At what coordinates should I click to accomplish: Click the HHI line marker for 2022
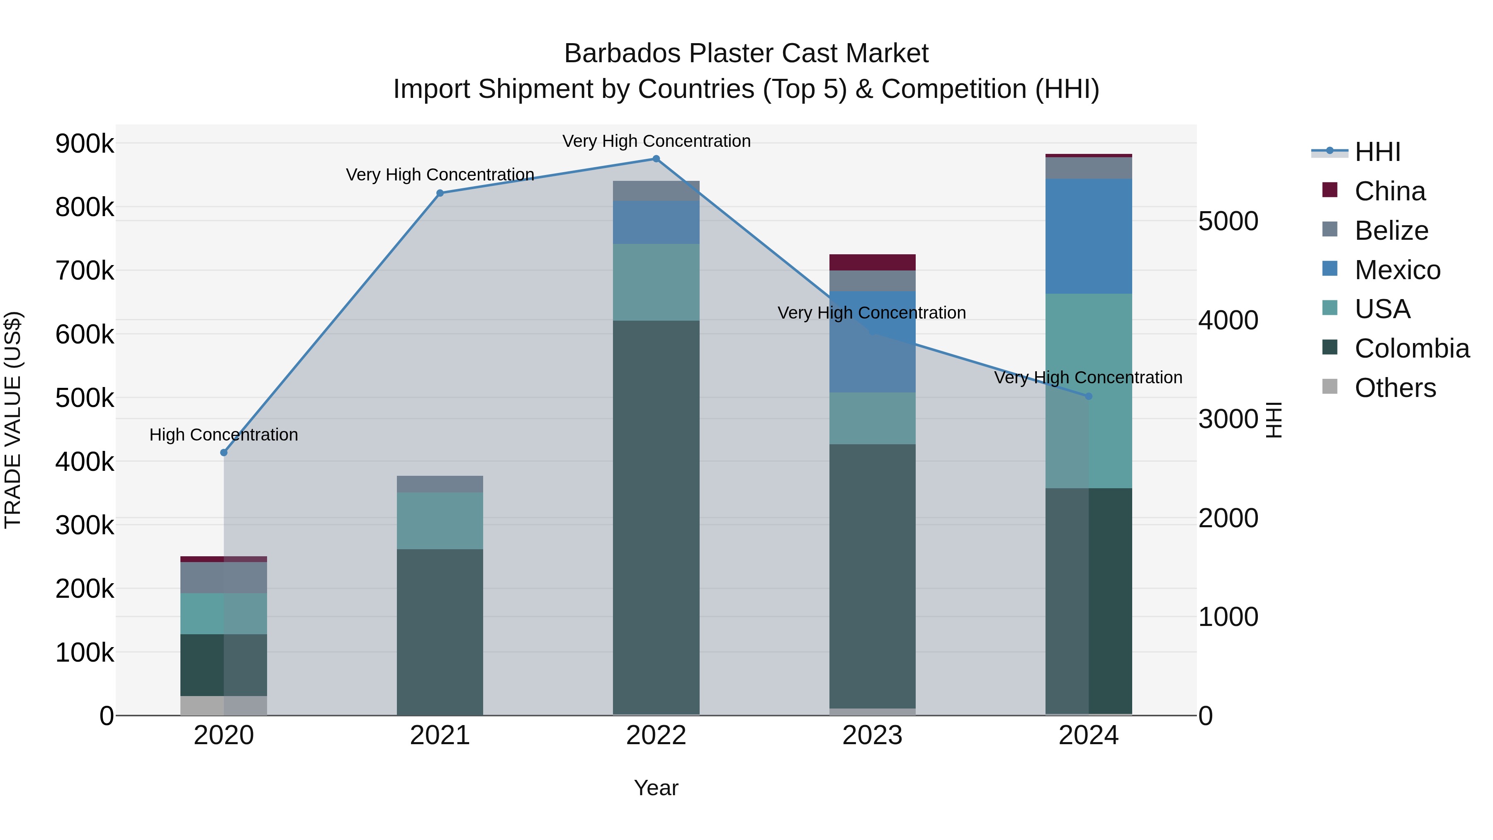click(x=656, y=159)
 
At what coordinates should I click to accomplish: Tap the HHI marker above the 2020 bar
click(x=224, y=453)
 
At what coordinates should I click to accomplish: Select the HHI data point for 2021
click(x=440, y=193)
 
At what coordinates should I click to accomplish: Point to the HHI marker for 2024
click(x=1089, y=397)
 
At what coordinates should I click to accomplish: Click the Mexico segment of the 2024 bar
click(x=1089, y=236)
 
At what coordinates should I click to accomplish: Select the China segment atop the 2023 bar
click(x=872, y=262)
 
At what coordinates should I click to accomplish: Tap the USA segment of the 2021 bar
click(x=440, y=521)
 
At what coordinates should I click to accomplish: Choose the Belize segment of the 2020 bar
click(x=224, y=577)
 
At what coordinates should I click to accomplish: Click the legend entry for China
click(x=1389, y=191)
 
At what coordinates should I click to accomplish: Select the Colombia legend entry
click(x=1411, y=348)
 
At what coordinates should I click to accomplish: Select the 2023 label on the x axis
click(x=872, y=735)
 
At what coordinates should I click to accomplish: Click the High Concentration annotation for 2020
click(x=224, y=435)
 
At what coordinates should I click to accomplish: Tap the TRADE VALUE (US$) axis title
click(x=13, y=420)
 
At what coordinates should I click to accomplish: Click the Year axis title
click(x=656, y=788)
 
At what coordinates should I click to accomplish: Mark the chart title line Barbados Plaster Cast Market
click(x=746, y=54)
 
